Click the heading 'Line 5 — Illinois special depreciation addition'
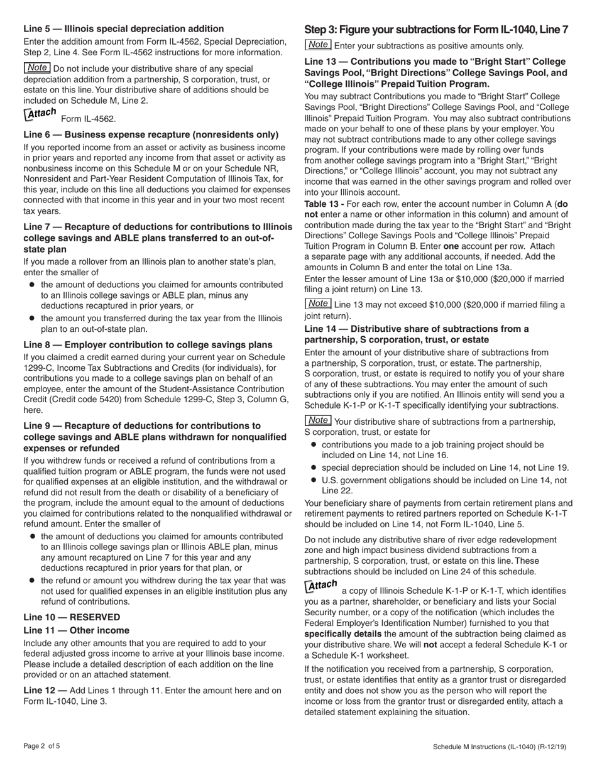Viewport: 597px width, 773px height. click(x=123, y=29)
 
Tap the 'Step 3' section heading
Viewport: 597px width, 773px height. click(x=436, y=30)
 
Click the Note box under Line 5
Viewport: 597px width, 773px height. click(x=37, y=68)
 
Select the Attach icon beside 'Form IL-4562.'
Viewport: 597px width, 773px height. click(x=40, y=114)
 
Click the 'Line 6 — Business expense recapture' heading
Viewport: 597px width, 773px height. click(x=151, y=134)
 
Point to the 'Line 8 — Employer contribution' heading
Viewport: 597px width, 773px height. click(x=148, y=344)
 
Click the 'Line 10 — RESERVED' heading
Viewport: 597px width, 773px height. click(x=72, y=617)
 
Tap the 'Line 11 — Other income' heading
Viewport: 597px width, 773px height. click(x=76, y=630)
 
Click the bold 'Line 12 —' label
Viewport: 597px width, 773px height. click(x=45, y=690)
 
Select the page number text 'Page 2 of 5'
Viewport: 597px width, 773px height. click(x=42, y=747)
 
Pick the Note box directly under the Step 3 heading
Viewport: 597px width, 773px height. click(x=318, y=45)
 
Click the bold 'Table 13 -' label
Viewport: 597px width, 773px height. click(x=324, y=204)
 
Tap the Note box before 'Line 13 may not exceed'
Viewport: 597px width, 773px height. click(x=318, y=304)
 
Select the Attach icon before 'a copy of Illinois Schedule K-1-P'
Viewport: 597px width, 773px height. click(x=320, y=586)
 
